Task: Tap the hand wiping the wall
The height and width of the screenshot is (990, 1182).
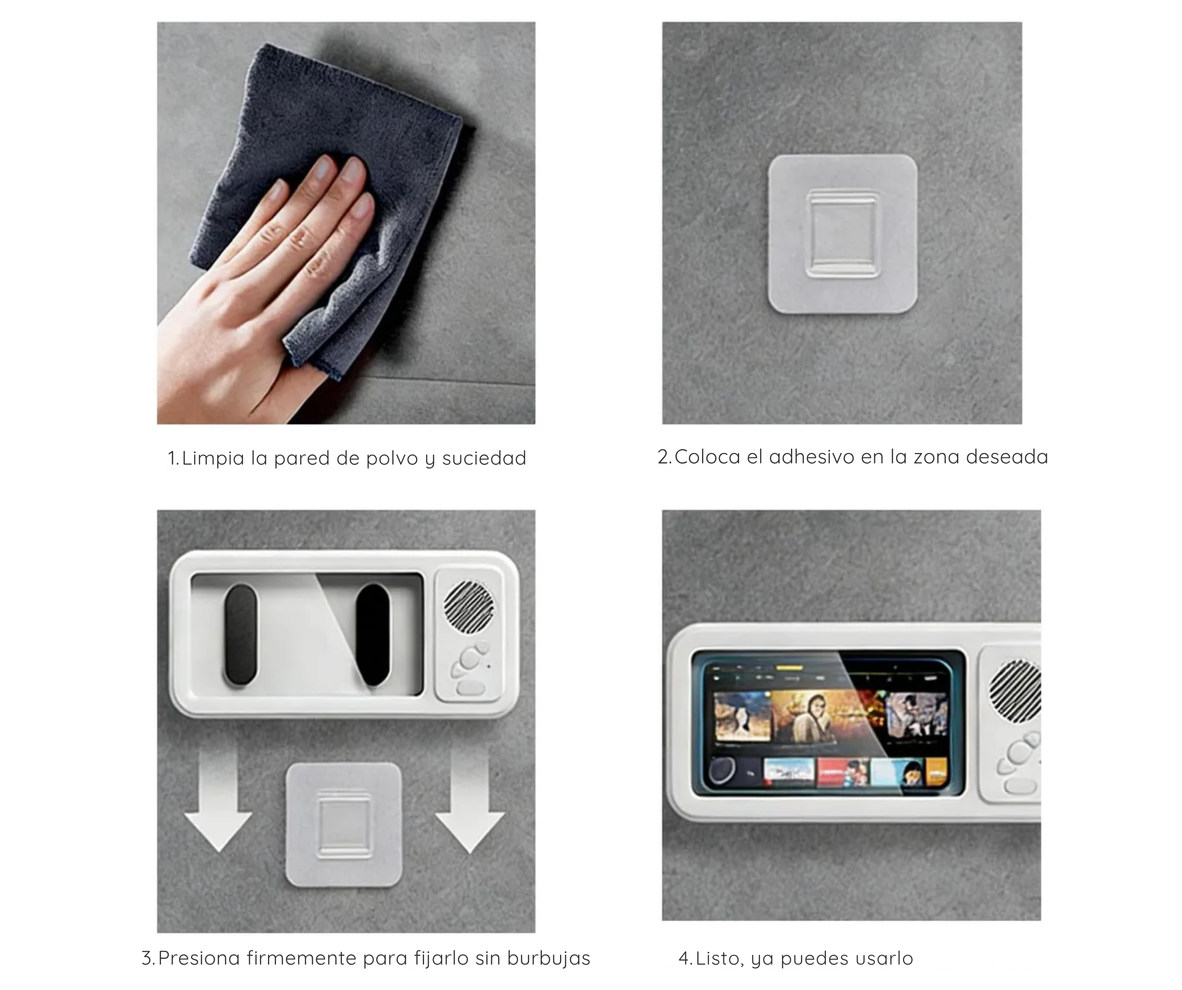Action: point(265,293)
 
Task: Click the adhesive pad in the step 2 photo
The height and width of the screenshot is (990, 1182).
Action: point(842,234)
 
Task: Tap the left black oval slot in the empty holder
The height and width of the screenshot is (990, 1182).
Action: point(241,635)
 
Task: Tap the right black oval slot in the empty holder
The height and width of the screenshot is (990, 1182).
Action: point(373,635)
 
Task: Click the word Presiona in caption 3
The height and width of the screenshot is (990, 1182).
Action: point(199,958)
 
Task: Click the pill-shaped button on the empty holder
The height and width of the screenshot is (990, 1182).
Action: point(471,687)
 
